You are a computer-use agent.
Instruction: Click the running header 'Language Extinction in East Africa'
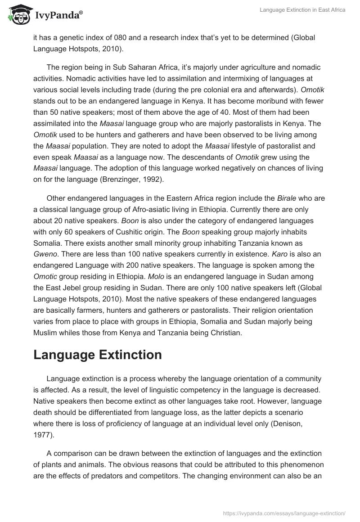[302, 10]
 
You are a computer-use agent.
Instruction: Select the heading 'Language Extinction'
[98, 355]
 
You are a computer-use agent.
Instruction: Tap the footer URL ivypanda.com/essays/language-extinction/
[284, 513]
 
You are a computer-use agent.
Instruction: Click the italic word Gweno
[46, 255]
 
